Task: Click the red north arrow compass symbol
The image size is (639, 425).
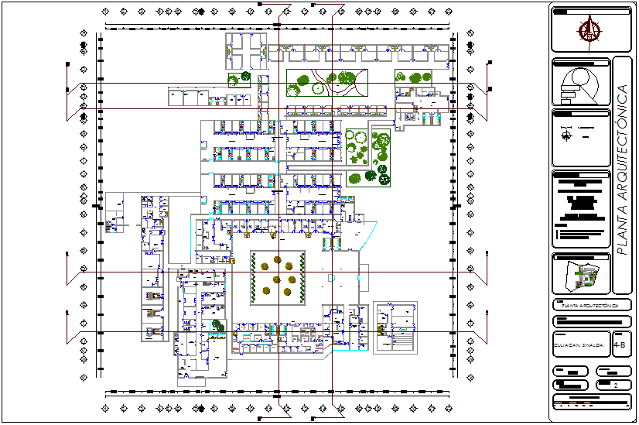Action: tap(590, 30)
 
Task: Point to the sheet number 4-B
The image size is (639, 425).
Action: tap(620, 344)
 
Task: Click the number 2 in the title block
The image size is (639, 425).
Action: tap(615, 385)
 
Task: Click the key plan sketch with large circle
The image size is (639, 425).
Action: tap(579, 84)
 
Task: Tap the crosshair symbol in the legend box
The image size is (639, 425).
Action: tap(567, 135)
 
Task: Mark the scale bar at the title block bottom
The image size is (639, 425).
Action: tap(591, 403)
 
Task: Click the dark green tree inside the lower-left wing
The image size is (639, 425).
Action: tap(217, 326)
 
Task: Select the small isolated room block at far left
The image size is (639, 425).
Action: tap(115, 224)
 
